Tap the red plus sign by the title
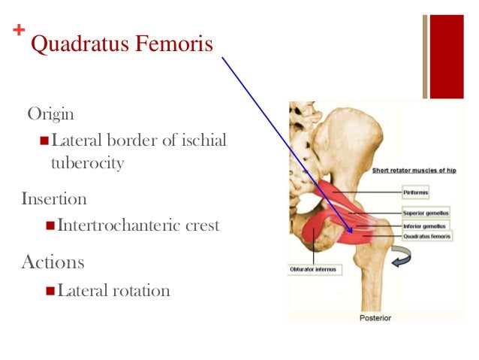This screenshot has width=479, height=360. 18,31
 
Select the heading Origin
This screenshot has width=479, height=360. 51,114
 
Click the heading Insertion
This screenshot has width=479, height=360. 54,199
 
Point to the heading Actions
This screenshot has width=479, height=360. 53,262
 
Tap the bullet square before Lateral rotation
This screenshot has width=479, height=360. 50,289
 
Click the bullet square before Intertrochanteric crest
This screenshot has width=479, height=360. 50,225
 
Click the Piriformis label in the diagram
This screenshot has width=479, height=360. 416,192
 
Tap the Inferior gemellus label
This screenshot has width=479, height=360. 423,225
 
